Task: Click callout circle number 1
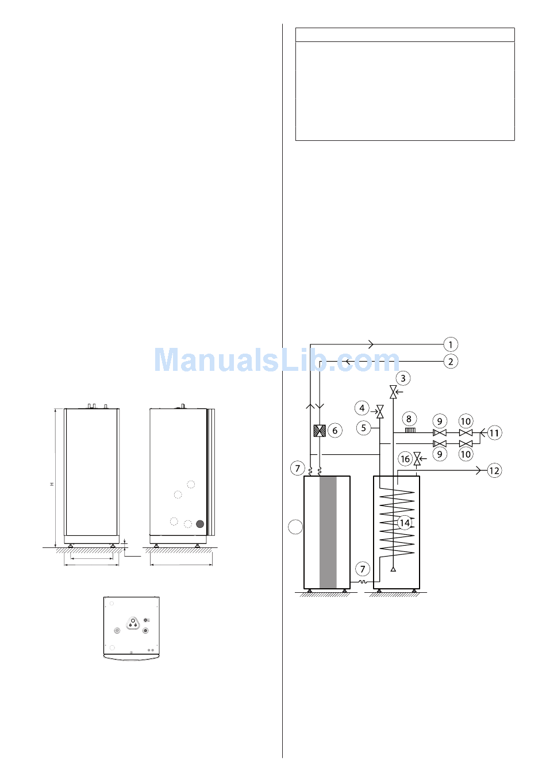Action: [451, 344]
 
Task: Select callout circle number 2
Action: [451, 361]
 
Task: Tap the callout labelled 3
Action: [403, 378]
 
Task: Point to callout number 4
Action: [362, 408]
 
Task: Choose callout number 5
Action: [364, 428]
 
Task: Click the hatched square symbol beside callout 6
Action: [320, 431]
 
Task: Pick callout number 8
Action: [409, 419]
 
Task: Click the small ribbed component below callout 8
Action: [410, 431]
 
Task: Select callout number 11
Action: [494, 433]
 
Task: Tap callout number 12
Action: [494, 470]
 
